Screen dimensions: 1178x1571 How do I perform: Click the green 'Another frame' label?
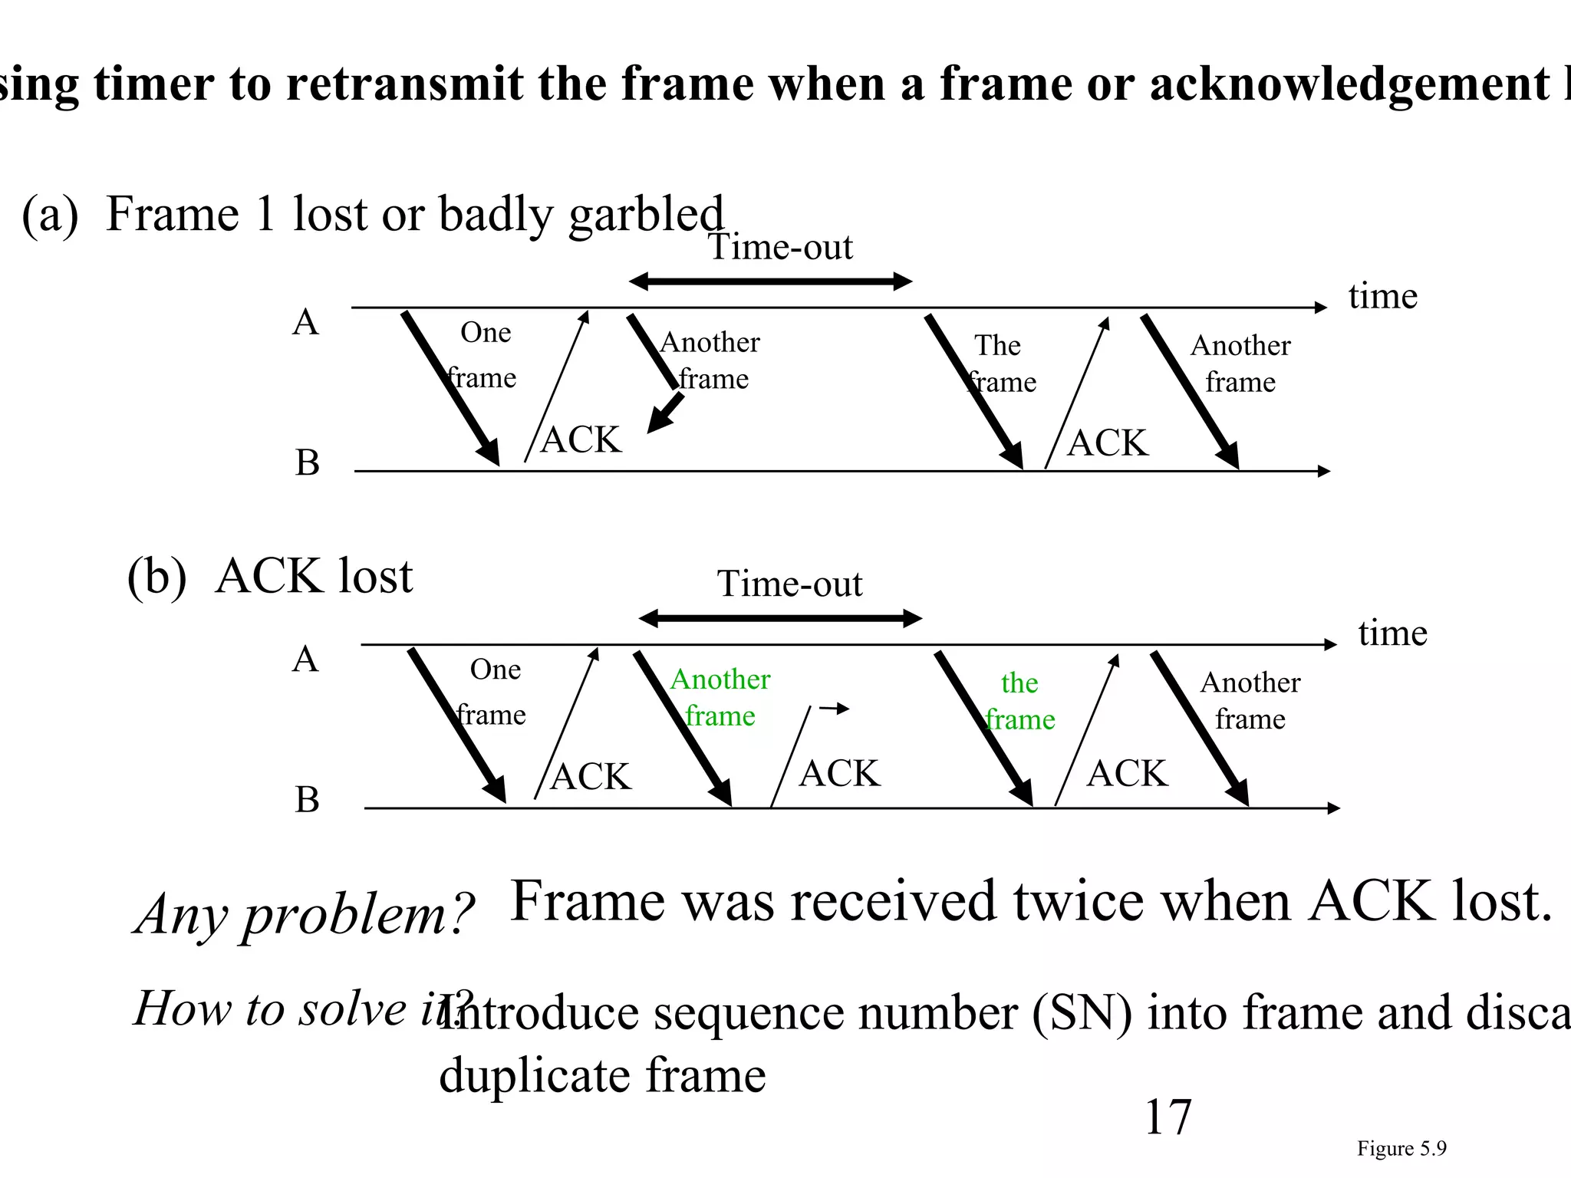click(x=720, y=697)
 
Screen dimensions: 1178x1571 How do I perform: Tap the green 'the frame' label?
click(x=1019, y=701)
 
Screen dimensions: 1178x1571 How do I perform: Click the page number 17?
click(x=1168, y=1117)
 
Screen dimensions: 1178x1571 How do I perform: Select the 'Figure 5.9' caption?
click(x=1401, y=1148)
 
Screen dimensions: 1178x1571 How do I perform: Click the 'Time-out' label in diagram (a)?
click(x=780, y=247)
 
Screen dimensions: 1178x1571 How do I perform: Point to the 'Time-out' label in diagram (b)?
click(x=789, y=584)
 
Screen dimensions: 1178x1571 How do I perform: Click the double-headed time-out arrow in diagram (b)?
click(x=780, y=619)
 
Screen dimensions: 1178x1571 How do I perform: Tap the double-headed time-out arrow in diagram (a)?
click(x=770, y=282)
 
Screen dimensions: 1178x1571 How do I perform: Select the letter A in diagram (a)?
click(x=305, y=322)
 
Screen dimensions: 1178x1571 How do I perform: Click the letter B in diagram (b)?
click(x=307, y=800)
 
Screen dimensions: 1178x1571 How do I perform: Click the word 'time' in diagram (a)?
click(x=1383, y=296)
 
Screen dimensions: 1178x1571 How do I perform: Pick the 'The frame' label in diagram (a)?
click(x=1000, y=364)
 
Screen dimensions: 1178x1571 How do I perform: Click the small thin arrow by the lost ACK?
click(x=834, y=709)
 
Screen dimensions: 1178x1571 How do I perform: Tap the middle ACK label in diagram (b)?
click(x=839, y=773)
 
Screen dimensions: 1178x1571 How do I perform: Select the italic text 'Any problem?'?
click(x=305, y=914)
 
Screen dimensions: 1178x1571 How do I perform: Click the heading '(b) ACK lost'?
click(x=270, y=576)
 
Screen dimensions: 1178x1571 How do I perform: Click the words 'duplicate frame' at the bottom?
click(x=602, y=1075)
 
